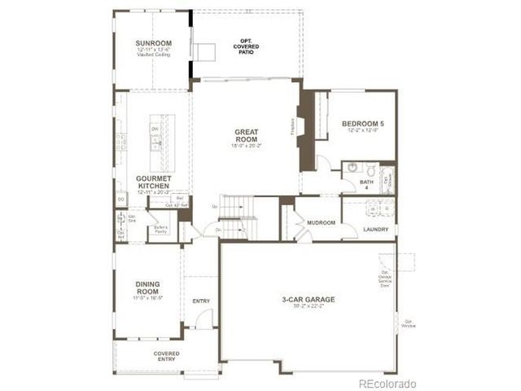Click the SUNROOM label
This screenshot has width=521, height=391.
(152, 44)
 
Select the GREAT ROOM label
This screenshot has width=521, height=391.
(246, 134)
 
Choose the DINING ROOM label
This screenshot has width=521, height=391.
(148, 287)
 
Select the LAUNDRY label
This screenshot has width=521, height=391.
(376, 229)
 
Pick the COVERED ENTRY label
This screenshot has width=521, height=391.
(166, 356)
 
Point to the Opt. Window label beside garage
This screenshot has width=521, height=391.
(408, 323)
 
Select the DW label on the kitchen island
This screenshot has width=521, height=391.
(152, 129)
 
